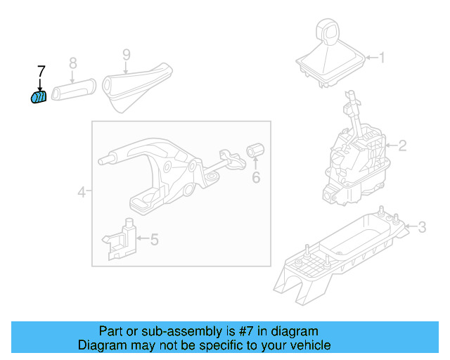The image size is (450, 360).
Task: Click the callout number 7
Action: pyautogui.click(x=41, y=71)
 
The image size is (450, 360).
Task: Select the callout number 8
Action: pyautogui.click(x=72, y=64)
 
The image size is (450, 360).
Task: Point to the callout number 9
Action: pyautogui.click(x=127, y=54)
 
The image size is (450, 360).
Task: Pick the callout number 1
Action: pyautogui.click(x=382, y=58)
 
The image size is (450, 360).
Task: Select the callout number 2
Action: pyautogui.click(x=402, y=146)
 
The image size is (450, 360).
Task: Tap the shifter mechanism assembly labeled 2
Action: pyautogui.click(x=355, y=158)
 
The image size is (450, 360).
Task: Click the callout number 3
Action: pyautogui.click(x=421, y=226)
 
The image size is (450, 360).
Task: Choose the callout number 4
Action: pyautogui.click(x=81, y=191)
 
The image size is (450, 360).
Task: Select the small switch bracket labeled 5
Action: pyautogui.click(x=123, y=239)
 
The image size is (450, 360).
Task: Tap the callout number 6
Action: pyautogui.click(x=256, y=178)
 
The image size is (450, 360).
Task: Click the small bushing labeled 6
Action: pyautogui.click(x=255, y=150)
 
